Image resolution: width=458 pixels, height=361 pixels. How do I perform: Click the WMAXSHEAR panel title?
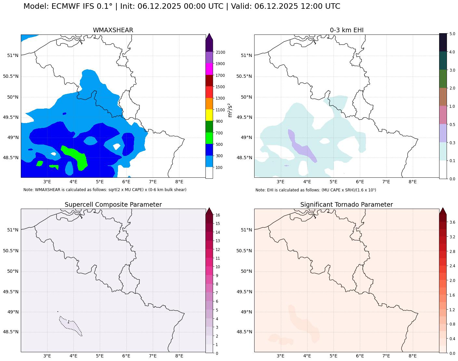(x=113, y=30)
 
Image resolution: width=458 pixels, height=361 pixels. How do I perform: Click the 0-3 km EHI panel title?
(x=347, y=30)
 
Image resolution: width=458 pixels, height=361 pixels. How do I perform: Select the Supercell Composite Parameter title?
(x=113, y=205)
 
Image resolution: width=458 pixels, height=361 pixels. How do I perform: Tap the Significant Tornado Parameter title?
(x=347, y=205)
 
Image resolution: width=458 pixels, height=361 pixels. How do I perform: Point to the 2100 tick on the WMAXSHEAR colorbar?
(x=221, y=52)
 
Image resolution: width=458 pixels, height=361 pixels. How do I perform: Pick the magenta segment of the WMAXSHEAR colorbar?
(x=209, y=69)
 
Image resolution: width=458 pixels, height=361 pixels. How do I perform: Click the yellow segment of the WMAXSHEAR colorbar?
(x=209, y=116)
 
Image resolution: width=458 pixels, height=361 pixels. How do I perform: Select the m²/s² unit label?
(x=230, y=110)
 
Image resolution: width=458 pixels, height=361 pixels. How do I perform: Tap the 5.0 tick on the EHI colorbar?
(x=452, y=34)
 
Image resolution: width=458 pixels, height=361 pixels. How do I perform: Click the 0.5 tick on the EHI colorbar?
(x=452, y=124)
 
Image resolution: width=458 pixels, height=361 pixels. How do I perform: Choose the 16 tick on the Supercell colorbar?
(x=218, y=215)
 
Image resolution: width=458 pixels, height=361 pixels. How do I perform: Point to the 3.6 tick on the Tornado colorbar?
(x=452, y=222)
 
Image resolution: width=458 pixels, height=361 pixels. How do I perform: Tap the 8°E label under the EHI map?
(x=412, y=182)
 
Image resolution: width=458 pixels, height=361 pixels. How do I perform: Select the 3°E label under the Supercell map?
(x=47, y=356)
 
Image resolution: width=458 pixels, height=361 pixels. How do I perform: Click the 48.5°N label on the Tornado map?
(x=244, y=332)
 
